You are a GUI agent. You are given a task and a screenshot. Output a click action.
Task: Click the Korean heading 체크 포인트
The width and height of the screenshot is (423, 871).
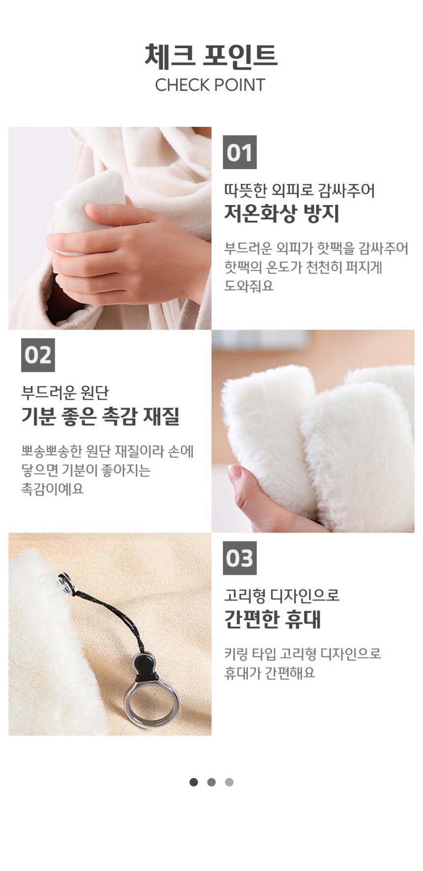tap(211, 55)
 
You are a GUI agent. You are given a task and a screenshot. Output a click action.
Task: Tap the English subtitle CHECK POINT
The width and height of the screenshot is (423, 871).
tap(210, 85)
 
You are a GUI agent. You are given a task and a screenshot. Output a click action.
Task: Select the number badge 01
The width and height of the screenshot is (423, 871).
tap(240, 152)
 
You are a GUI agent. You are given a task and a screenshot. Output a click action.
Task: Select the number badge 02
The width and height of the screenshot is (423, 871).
tap(38, 355)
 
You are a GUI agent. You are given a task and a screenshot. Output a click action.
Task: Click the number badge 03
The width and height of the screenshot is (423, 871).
tap(240, 558)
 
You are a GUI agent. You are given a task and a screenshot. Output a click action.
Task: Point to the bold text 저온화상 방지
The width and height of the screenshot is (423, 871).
tap(282, 214)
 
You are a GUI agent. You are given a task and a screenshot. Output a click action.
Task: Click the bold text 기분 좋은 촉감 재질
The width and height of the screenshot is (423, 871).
tap(100, 417)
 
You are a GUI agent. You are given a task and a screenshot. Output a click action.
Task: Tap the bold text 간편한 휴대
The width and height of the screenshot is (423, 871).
tap(272, 619)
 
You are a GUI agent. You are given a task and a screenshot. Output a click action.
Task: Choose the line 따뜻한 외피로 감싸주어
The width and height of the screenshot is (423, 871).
tap(300, 190)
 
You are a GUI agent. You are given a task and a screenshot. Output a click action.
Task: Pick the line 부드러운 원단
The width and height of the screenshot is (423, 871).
tap(65, 392)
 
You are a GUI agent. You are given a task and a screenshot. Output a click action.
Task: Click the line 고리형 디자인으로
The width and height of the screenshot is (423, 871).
tap(282, 596)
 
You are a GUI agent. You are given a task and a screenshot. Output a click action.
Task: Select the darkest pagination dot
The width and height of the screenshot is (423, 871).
tap(194, 782)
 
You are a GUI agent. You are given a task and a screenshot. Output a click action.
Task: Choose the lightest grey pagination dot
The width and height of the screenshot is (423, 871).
tap(229, 782)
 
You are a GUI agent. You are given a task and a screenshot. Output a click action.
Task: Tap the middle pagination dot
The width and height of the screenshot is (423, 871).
tap(211, 782)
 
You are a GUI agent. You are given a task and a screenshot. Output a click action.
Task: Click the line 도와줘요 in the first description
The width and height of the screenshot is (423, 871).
tap(249, 286)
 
